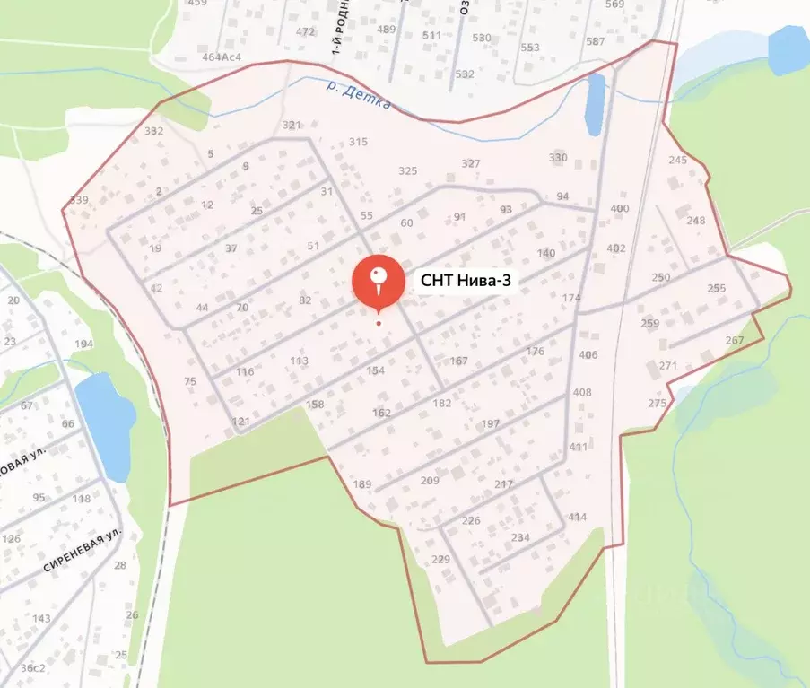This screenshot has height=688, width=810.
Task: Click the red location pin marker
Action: click(x=378, y=281)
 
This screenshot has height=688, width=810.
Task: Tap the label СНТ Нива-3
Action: click(x=466, y=281)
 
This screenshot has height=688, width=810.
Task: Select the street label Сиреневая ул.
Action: click(x=82, y=552)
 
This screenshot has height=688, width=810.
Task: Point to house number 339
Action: click(x=78, y=200)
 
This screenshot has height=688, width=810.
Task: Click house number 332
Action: click(x=154, y=131)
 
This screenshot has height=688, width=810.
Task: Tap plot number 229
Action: click(x=440, y=560)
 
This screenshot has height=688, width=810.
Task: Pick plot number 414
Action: click(x=577, y=517)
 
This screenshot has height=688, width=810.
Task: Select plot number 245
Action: click(x=677, y=161)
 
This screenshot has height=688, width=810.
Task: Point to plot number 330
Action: click(x=558, y=158)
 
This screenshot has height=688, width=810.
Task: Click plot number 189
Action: click(x=361, y=485)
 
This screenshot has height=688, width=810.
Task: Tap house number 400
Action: click(x=619, y=209)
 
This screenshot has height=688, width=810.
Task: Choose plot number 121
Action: click(x=240, y=422)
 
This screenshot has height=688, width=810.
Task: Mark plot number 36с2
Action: click(x=33, y=668)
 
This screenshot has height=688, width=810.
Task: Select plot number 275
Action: click(x=658, y=404)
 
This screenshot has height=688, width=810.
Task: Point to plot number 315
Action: click(x=359, y=143)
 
